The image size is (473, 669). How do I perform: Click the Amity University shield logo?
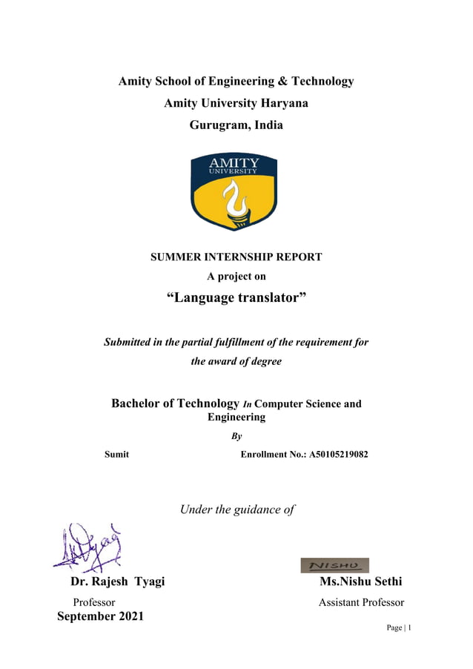(235, 191)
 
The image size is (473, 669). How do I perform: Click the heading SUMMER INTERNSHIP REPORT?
(236, 257)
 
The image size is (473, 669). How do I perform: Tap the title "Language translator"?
(236, 298)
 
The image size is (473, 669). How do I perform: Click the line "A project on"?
(236, 277)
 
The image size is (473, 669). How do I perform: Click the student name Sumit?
(116, 454)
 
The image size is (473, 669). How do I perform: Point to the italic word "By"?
(236, 437)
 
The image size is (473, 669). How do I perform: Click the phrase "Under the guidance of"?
(237, 510)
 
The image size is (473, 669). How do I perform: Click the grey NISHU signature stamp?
(334, 565)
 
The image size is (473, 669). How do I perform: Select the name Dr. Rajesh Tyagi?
(117, 581)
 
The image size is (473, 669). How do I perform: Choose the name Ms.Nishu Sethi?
(360, 581)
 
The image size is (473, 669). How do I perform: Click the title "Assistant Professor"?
(361, 602)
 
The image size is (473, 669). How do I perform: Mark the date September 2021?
(101, 616)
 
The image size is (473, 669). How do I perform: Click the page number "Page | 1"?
(398, 628)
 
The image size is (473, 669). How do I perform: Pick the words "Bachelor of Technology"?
(175, 403)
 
